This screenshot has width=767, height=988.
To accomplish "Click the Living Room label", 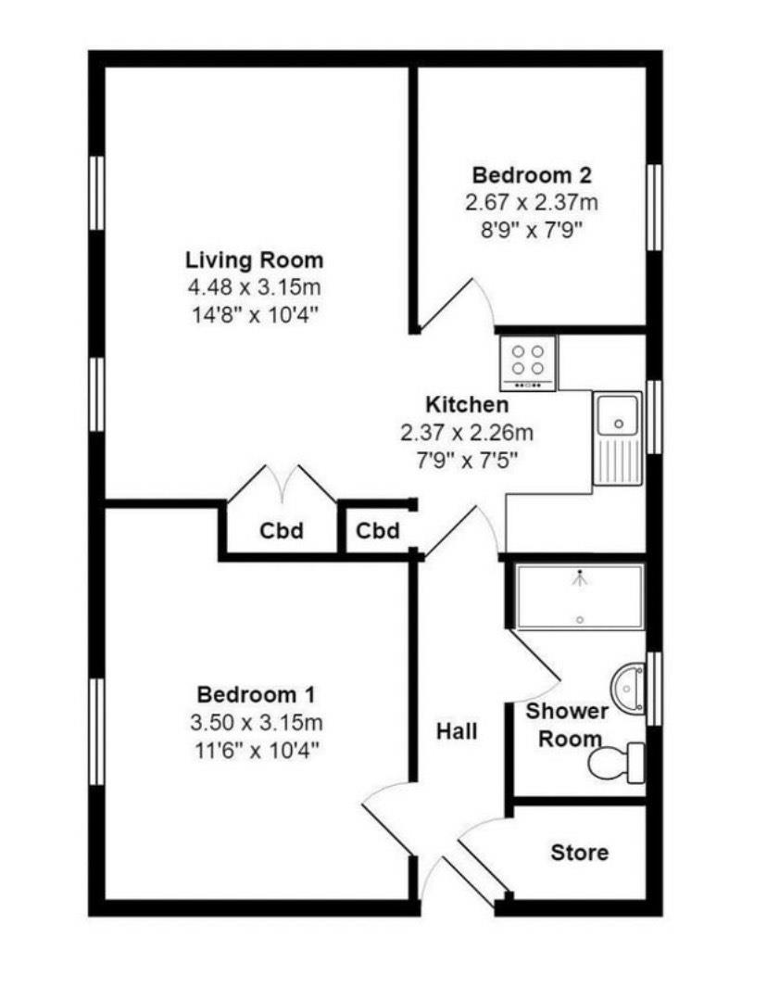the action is coord(254,260).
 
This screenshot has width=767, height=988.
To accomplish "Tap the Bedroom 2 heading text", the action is coord(532,174).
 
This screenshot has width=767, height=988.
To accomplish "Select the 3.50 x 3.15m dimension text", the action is coord(257,722).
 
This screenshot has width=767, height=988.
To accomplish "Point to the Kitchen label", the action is coord(467,404).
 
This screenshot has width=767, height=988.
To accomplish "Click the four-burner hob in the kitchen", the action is coord(528,363).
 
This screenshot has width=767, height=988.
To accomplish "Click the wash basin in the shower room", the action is coord(628,689).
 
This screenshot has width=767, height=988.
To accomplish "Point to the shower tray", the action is coord(579,596).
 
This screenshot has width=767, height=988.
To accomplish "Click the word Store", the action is coord(579,853).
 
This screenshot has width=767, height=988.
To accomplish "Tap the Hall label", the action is coord(457,731).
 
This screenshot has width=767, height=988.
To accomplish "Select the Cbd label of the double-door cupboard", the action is coord(282,531).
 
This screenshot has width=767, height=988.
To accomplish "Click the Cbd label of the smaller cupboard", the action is coord(377,530).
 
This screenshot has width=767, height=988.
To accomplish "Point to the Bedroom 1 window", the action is coord(96,731).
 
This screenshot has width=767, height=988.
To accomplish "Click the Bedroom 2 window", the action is coord(655,208).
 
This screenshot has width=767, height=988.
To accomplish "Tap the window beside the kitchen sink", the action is coord(655,416).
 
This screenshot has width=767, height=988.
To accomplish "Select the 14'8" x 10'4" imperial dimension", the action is coord(255,314).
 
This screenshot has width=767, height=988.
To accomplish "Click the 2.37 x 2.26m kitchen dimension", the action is coord(467,433).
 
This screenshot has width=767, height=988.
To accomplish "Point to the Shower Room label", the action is coord(566,725).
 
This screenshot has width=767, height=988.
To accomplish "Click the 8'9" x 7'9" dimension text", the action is coord(532,230).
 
